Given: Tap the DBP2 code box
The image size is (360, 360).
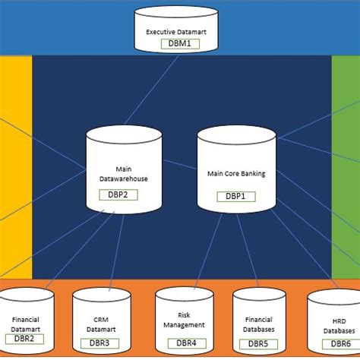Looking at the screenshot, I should (117, 195).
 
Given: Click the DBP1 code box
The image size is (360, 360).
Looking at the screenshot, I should (236, 196).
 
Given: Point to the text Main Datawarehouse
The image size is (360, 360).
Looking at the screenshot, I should (124, 174).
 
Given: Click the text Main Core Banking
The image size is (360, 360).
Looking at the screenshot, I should (236, 173).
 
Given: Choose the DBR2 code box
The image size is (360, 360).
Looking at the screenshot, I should (27, 339).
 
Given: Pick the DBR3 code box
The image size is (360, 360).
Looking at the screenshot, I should (99, 343).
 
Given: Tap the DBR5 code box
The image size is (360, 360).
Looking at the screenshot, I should (258, 343).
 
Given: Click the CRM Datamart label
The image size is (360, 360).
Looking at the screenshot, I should (100, 324).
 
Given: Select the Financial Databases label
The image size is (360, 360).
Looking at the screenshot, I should (258, 324).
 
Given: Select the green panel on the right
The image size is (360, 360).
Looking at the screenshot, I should (346, 167).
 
